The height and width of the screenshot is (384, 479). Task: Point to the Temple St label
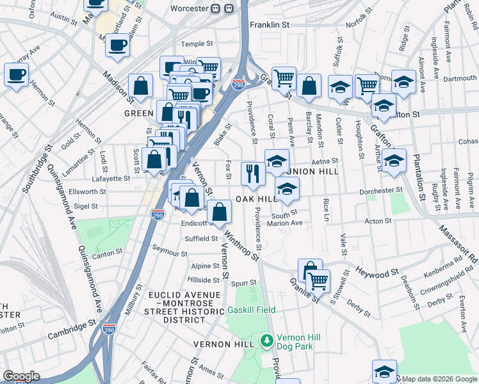[196, 44]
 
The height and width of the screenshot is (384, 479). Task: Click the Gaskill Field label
[252, 310]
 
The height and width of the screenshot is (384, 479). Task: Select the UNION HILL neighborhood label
[314, 172]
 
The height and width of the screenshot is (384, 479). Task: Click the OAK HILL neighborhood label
[256, 199]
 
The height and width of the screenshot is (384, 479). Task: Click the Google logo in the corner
[21, 376]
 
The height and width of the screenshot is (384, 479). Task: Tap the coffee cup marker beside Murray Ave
[16, 74]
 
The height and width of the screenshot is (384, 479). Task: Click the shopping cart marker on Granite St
[318, 280]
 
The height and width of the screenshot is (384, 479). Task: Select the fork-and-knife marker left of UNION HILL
[252, 173]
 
